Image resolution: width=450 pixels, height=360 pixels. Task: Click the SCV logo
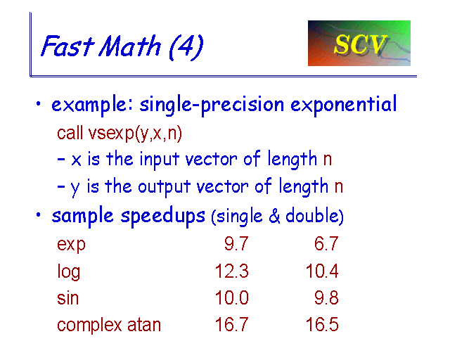(359, 43)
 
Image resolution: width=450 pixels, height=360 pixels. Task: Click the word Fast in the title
(67, 46)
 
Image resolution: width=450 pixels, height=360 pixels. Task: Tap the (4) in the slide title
(186, 47)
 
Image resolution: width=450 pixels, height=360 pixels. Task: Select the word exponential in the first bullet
(344, 105)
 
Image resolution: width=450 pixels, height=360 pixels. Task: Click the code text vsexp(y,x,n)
(135, 134)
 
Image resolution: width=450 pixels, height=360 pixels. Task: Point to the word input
(160, 160)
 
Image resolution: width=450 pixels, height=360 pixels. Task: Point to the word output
(164, 187)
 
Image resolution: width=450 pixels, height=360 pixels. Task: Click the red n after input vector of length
(328, 160)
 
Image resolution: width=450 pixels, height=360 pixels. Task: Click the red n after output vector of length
(339, 187)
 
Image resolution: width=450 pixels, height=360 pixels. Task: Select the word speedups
(162, 217)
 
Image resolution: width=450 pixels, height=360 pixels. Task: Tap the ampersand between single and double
(274, 216)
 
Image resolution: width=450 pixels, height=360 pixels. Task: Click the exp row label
(71, 245)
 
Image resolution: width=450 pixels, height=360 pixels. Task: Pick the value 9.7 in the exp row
(236, 244)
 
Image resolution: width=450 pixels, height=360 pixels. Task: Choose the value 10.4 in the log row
(322, 271)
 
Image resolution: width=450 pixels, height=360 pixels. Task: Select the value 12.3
(231, 271)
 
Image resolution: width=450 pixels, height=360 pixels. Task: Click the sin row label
(67, 297)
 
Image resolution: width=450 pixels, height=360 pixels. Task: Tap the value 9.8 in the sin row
(326, 297)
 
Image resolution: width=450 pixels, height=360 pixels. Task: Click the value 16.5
(322, 325)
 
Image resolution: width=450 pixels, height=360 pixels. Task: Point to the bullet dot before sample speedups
(39, 214)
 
